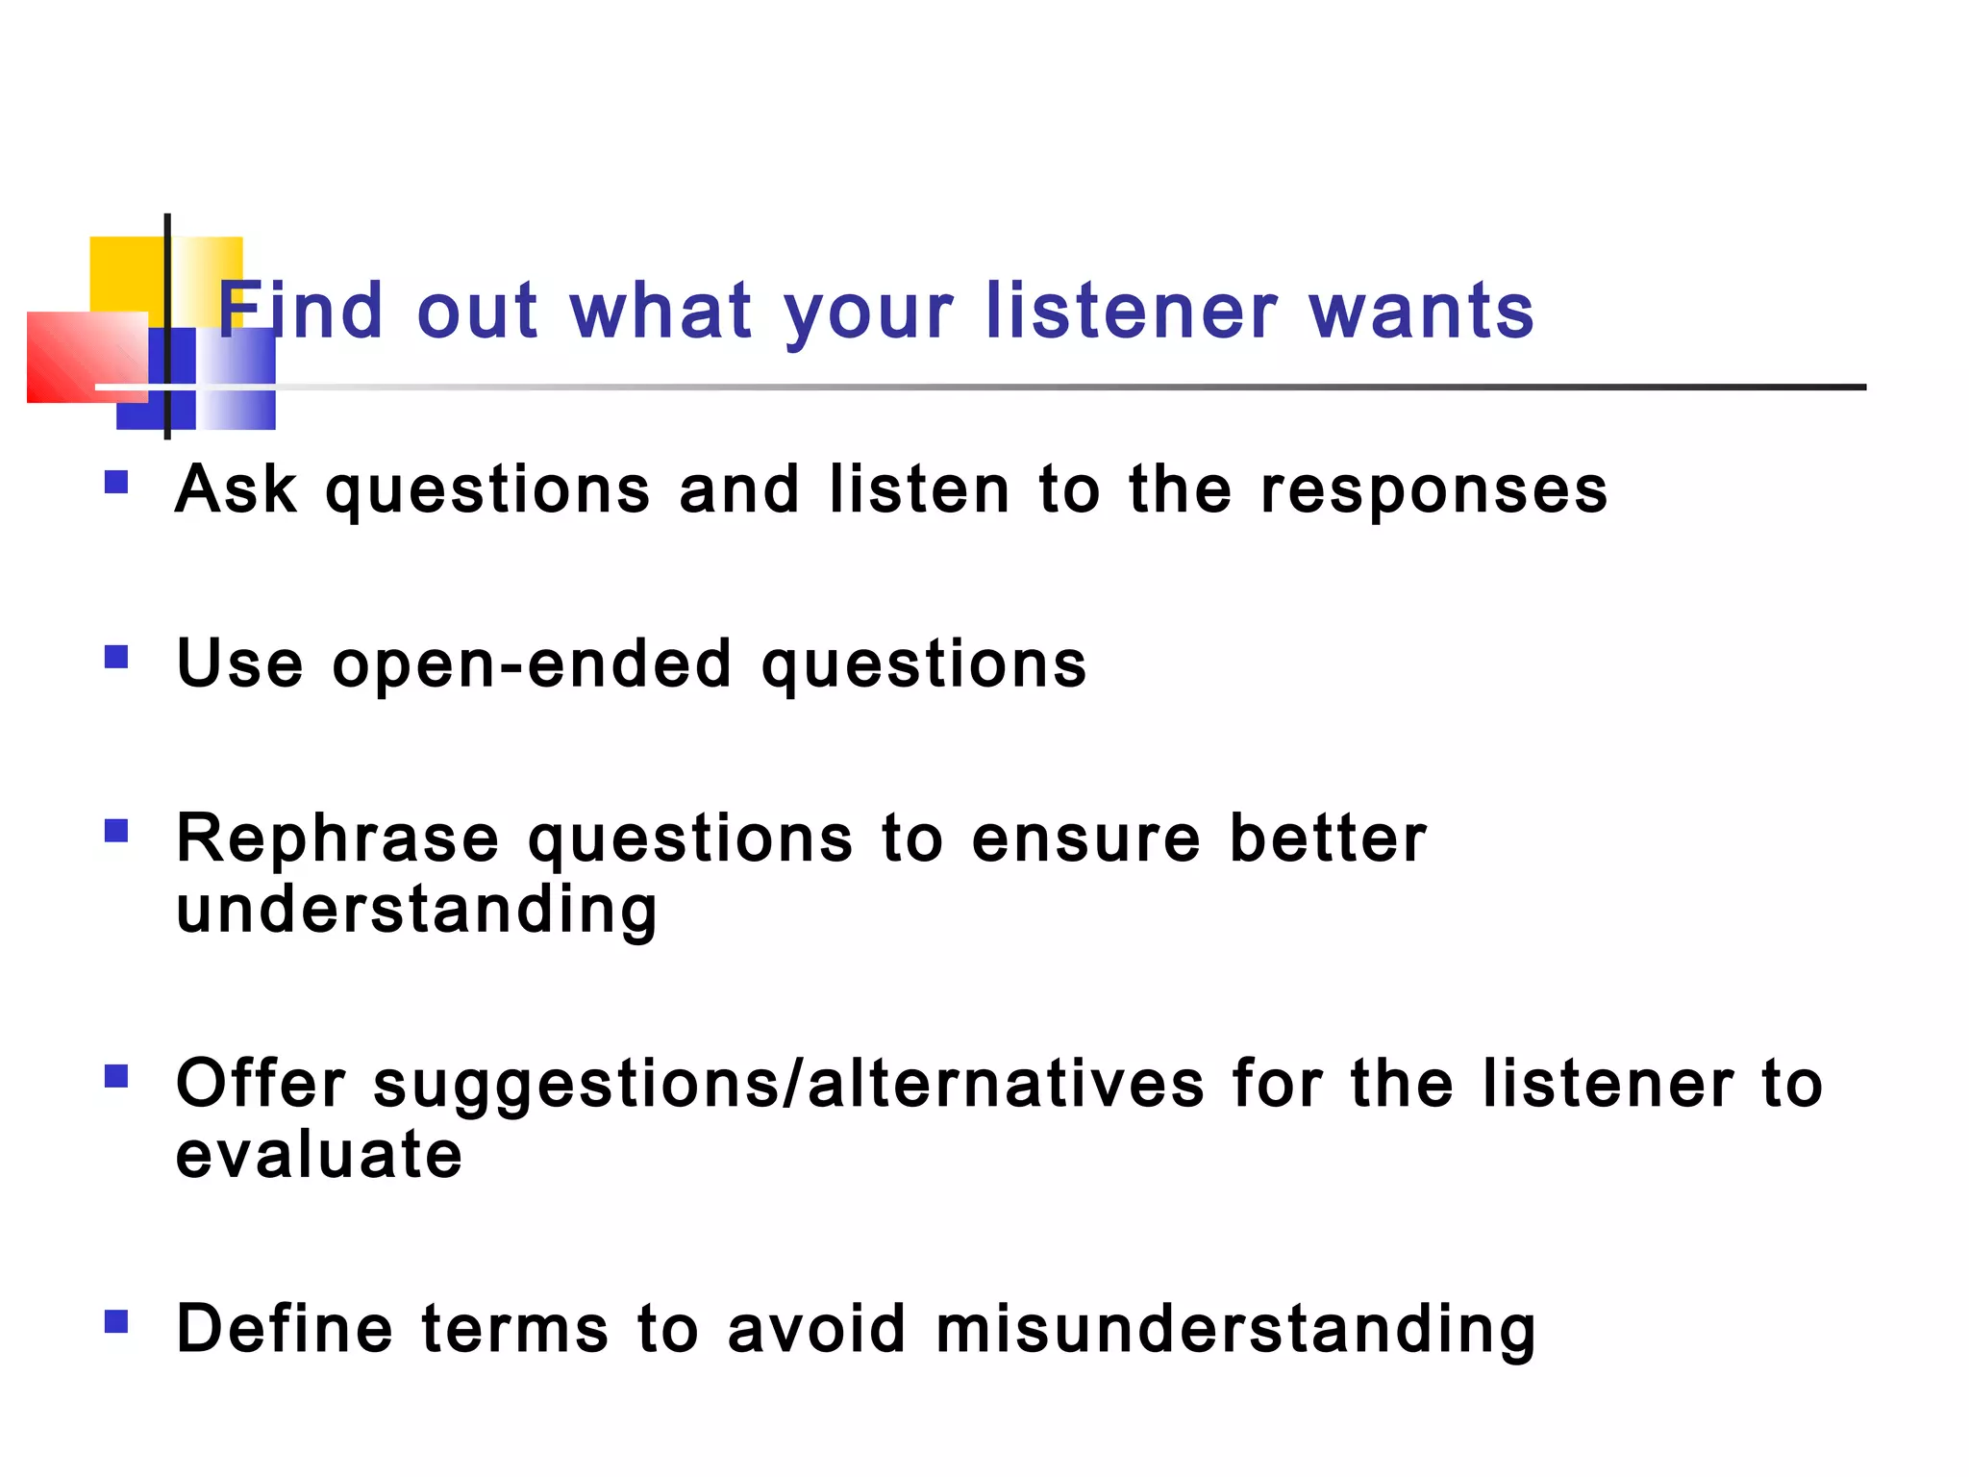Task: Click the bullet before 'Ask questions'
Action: pyautogui.click(x=116, y=481)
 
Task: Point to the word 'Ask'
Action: pyautogui.click(x=237, y=489)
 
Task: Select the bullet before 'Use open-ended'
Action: pyautogui.click(x=116, y=657)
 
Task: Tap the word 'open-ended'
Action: pyautogui.click(x=532, y=664)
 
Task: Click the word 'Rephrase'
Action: pyautogui.click(x=337, y=839)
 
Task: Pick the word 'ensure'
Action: pyautogui.click(x=1085, y=839)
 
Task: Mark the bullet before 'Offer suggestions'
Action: pyautogui.click(x=116, y=1075)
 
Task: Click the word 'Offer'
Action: pyautogui.click(x=261, y=1084)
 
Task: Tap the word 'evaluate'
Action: pyautogui.click(x=318, y=1155)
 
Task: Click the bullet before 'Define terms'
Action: pyautogui.click(x=116, y=1321)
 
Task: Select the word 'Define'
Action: pyautogui.click(x=285, y=1329)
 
